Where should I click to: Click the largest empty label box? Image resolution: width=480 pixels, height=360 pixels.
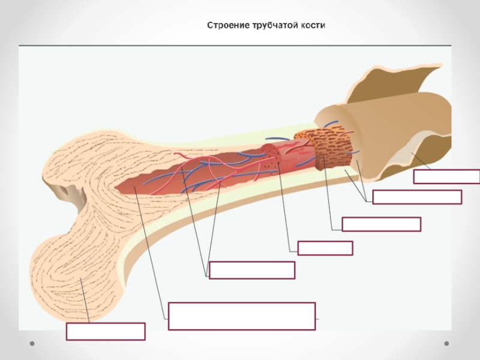(x=242, y=316)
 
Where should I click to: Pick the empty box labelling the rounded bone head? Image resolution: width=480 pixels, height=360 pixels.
(x=106, y=331)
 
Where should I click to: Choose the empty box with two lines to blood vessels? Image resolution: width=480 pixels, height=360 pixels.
(x=252, y=270)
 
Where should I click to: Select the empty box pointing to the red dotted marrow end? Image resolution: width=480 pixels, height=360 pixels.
(x=325, y=248)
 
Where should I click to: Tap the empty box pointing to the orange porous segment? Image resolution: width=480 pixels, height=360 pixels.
(x=381, y=224)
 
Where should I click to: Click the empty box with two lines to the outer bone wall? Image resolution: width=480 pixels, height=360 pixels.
(x=417, y=197)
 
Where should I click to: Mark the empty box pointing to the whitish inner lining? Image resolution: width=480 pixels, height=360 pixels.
(x=446, y=176)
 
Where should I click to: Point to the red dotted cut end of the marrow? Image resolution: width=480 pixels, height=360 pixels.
(x=271, y=155)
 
